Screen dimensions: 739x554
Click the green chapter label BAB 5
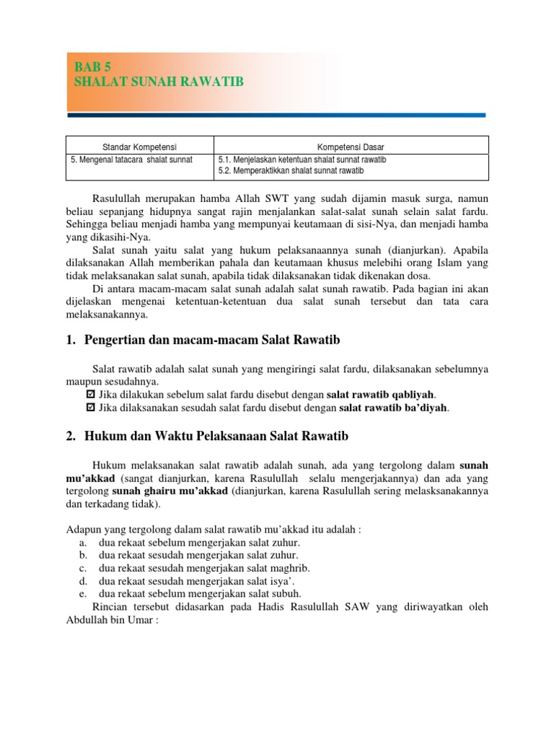pyautogui.click(x=92, y=67)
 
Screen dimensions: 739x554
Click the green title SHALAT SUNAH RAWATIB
pyautogui.click(x=159, y=82)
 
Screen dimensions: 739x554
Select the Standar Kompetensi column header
pyautogui.click(x=139, y=147)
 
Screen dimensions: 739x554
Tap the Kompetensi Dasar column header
pyautogui.click(x=351, y=147)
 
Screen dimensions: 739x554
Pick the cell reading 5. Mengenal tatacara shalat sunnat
pyautogui.click(x=132, y=159)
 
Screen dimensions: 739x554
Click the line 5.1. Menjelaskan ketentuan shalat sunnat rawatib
pyautogui.click(x=301, y=159)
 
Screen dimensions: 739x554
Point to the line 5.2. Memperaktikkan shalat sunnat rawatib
pyautogui.click(x=291, y=171)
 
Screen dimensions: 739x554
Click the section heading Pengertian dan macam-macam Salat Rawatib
pyautogui.click(x=212, y=339)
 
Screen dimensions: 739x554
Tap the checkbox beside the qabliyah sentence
pyautogui.click(x=90, y=394)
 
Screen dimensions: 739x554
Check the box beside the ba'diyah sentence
pyautogui.click(x=90, y=408)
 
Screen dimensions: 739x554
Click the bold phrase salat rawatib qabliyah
pyautogui.click(x=381, y=394)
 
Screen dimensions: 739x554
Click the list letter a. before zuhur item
pyautogui.click(x=84, y=543)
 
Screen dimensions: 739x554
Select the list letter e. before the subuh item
pyautogui.click(x=84, y=594)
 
